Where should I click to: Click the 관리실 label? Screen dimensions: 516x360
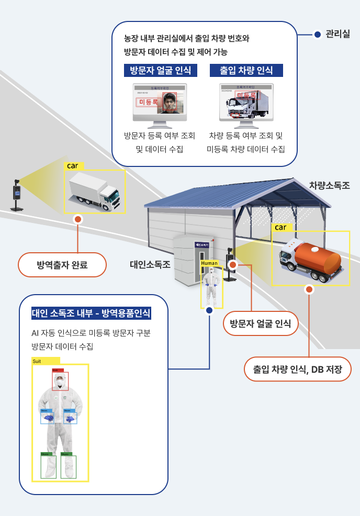(x=337, y=35)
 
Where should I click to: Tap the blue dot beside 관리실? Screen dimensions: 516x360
(x=318, y=35)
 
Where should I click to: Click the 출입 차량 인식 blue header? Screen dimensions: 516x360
(x=246, y=71)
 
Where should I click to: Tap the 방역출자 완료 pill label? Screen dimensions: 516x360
(x=62, y=265)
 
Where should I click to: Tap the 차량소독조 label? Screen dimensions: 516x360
(x=329, y=185)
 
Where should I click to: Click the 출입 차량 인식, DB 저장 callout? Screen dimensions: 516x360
(x=297, y=369)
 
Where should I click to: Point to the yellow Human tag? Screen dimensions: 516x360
(x=209, y=263)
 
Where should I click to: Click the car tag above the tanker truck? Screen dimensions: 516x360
(x=281, y=228)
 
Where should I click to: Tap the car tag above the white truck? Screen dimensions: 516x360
(x=73, y=166)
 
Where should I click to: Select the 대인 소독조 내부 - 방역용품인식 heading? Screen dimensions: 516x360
(x=91, y=313)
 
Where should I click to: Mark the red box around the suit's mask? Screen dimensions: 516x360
(x=60, y=380)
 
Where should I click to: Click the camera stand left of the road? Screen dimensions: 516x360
(x=17, y=196)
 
